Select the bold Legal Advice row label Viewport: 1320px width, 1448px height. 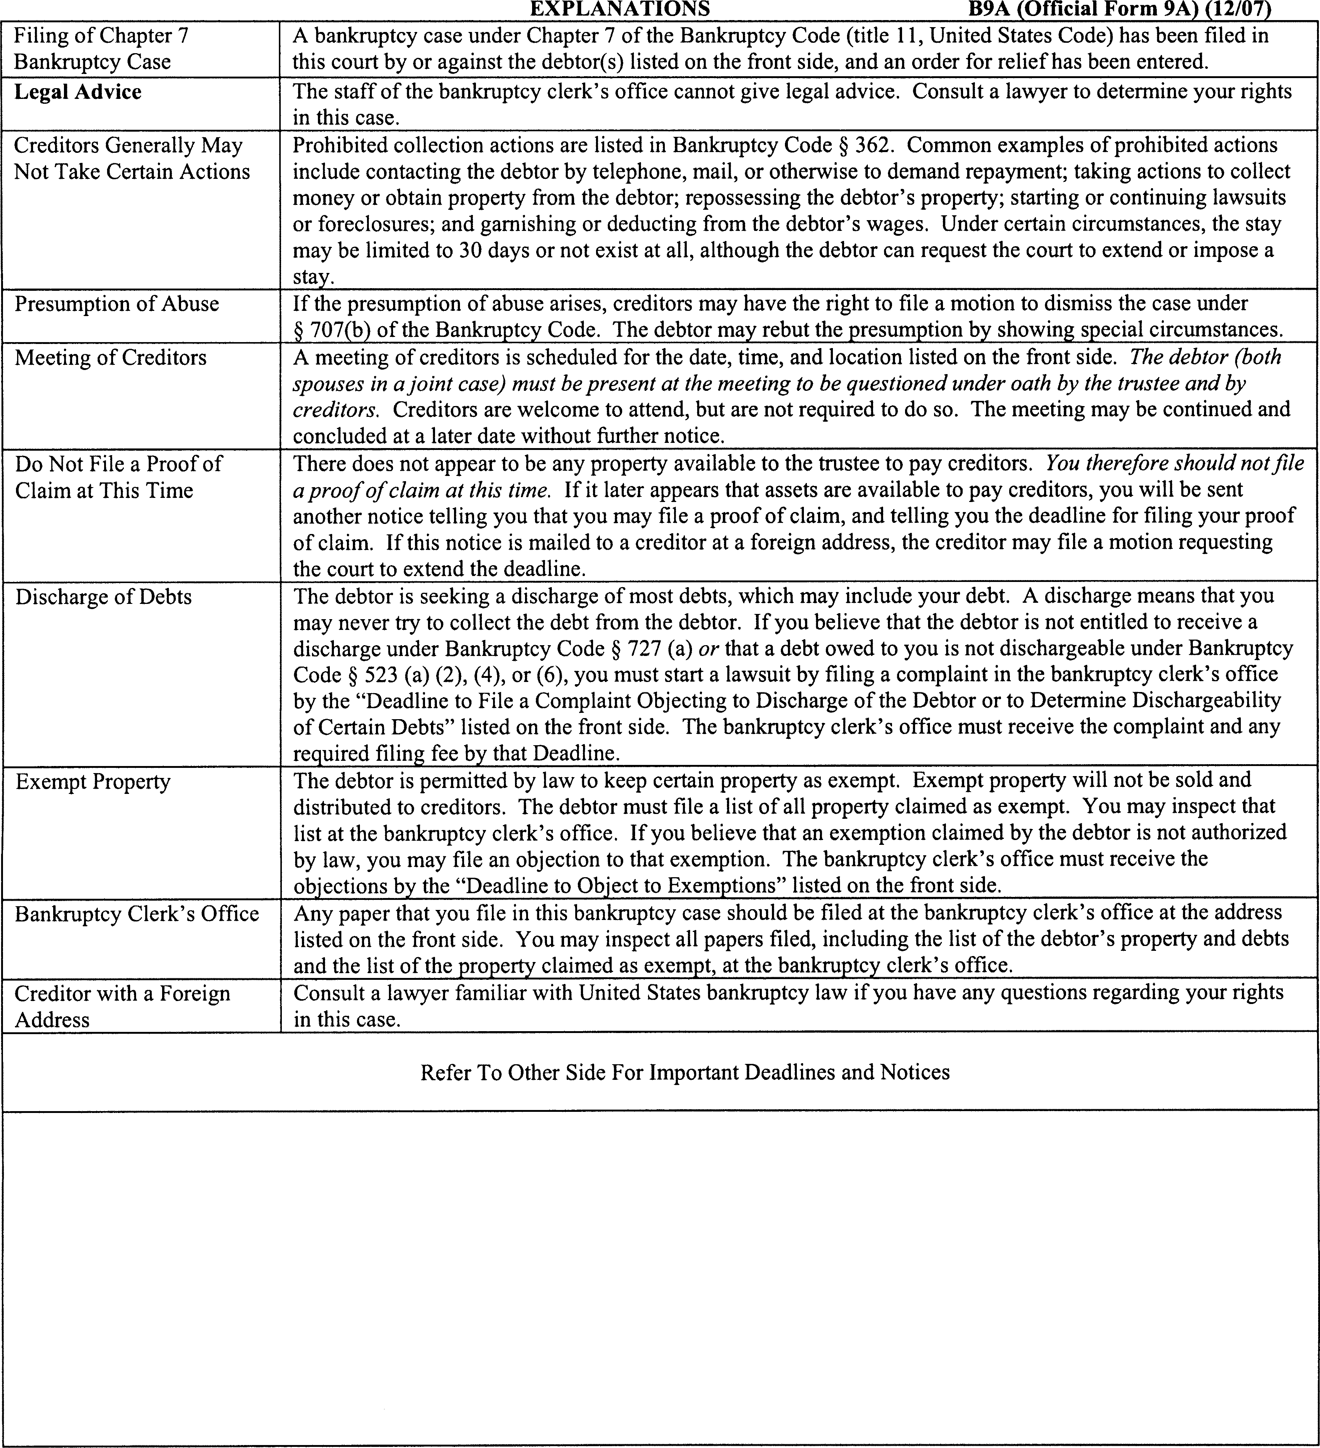(x=78, y=92)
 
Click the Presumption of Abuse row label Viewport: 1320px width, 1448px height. (x=116, y=304)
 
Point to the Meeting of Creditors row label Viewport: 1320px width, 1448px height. (x=110, y=358)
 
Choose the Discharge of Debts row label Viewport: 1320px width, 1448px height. (x=103, y=597)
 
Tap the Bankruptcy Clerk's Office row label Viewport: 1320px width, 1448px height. (x=136, y=914)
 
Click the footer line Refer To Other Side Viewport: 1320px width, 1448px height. (x=685, y=1072)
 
